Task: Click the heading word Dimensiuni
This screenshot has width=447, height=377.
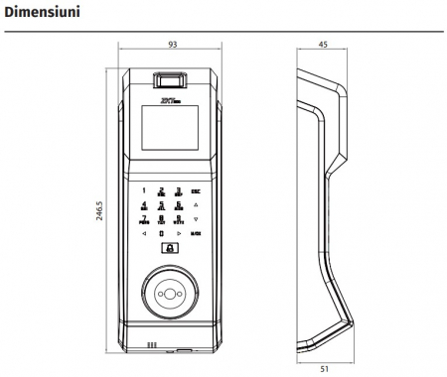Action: [40, 14]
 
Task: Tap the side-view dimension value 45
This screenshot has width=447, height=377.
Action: [323, 46]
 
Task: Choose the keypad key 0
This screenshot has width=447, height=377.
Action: [161, 234]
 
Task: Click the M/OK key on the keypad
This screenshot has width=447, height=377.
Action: [196, 234]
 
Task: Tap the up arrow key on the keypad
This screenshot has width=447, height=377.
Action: [196, 204]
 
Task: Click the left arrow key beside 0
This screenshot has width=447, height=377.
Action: [144, 234]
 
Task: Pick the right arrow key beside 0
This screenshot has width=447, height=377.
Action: [178, 234]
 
